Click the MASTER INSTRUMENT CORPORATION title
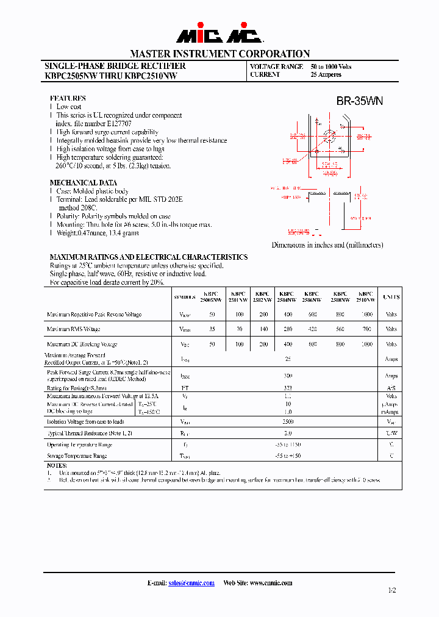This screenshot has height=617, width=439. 220,54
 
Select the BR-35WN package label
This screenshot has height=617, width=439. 359,101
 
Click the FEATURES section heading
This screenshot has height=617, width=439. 67,98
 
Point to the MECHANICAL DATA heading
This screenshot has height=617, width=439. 83,183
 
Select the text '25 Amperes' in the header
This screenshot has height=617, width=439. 326,75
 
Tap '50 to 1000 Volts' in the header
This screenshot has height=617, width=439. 330,66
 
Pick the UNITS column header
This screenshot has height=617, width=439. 391,297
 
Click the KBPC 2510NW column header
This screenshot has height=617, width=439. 366,297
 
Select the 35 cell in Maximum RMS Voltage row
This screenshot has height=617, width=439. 212,329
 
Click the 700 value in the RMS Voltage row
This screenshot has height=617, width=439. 366,329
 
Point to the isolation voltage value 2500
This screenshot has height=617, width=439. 288,421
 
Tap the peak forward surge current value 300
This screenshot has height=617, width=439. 288,376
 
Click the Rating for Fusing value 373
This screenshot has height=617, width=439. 288,388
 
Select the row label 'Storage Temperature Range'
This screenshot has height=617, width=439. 77,456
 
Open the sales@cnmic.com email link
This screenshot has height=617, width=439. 191,583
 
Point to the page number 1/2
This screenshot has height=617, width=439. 391,591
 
